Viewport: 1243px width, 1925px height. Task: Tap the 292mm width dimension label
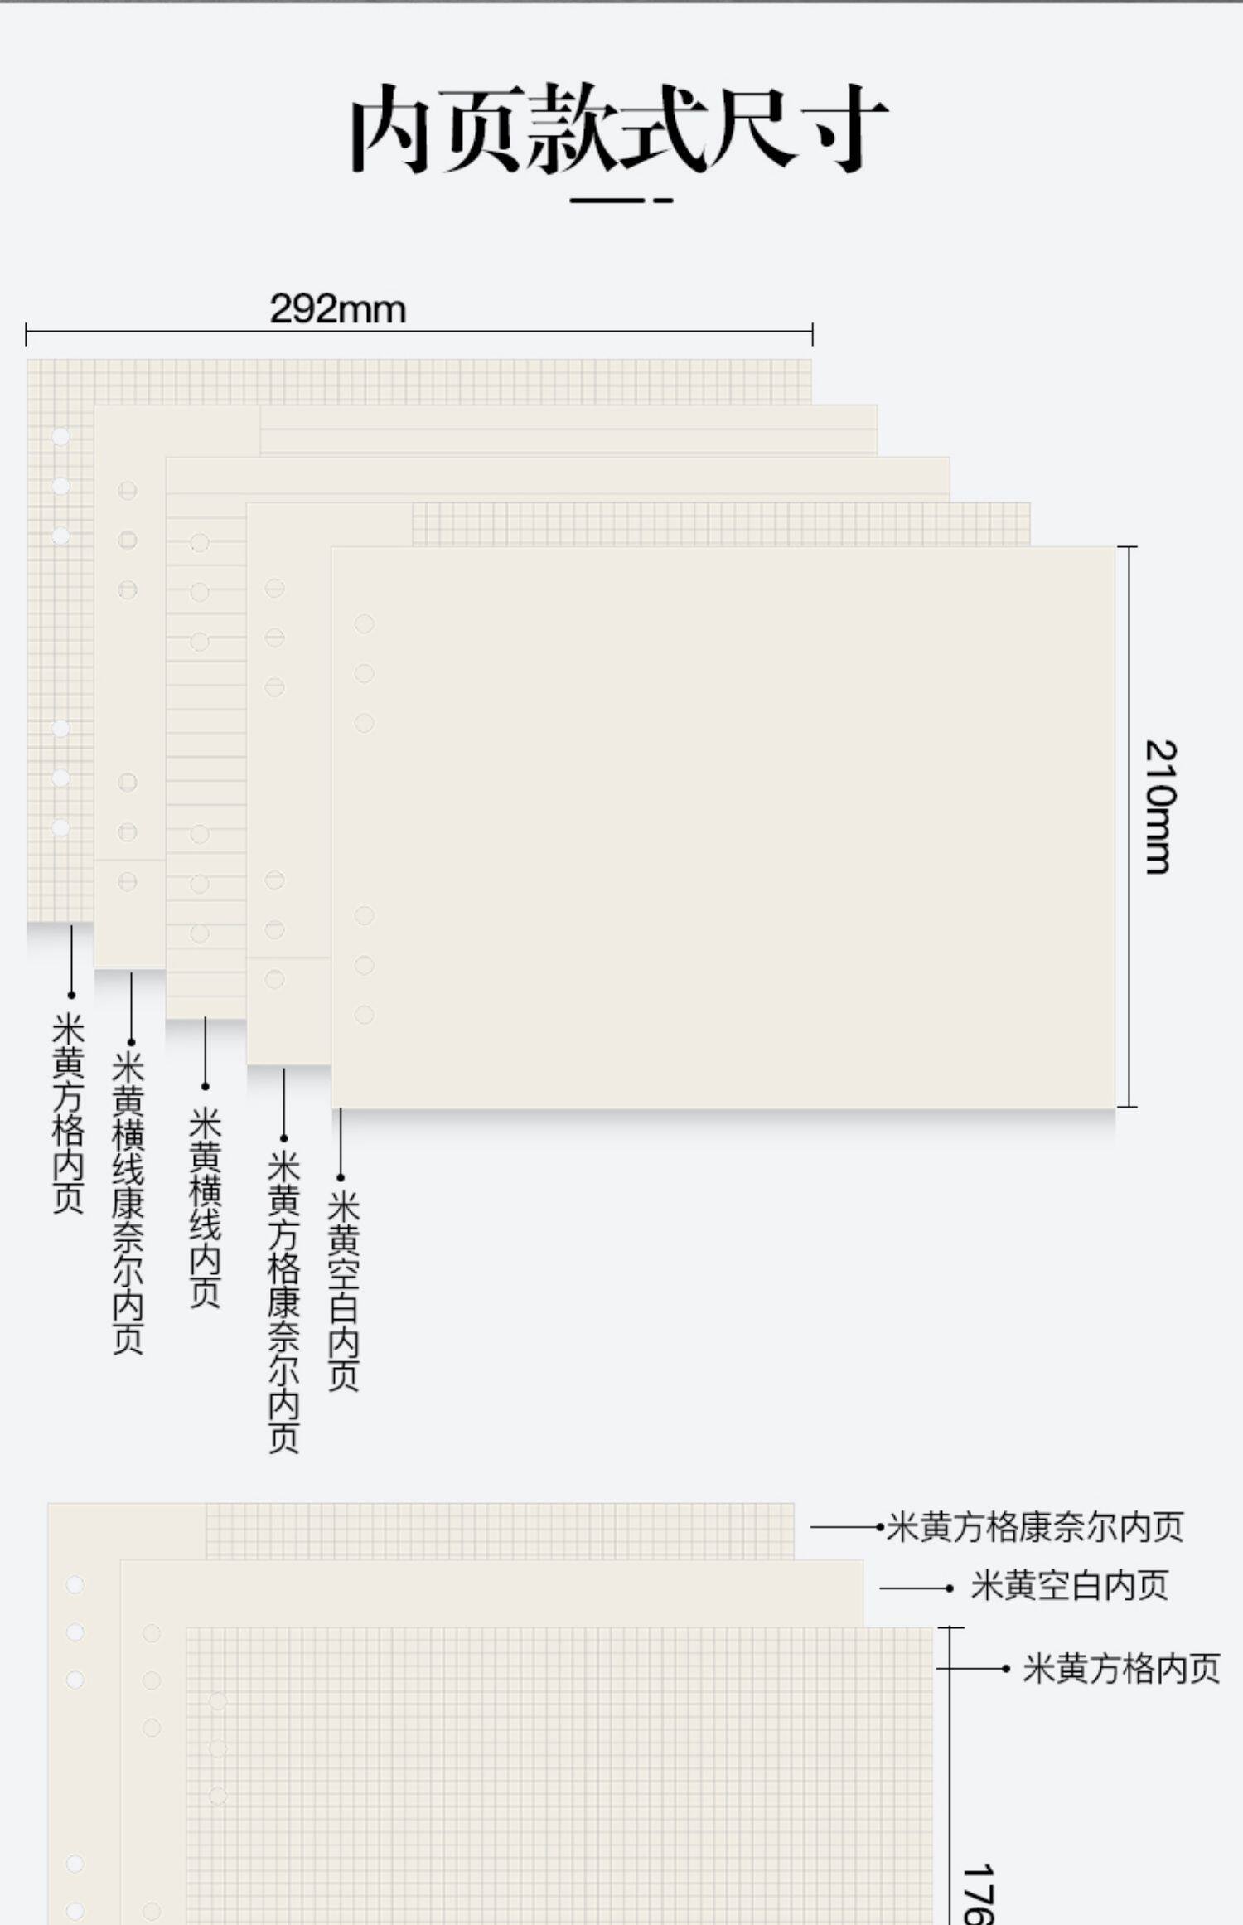[338, 309]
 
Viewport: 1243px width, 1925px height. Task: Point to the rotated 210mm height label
[1160, 807]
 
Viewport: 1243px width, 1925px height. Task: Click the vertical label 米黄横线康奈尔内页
[128, 1203]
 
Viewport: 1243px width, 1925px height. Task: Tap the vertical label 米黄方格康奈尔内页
[283, 1302]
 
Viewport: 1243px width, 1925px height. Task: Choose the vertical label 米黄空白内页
[342, 1291]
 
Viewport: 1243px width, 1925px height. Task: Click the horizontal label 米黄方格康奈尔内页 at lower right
[1035, 1526]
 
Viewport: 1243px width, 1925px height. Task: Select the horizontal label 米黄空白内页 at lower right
[1070, 1586]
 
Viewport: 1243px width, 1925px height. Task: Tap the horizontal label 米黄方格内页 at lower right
[1121, 1668]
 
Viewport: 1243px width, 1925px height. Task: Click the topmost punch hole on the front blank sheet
[364, 623]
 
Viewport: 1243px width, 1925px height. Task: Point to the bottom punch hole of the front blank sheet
[364, 1015]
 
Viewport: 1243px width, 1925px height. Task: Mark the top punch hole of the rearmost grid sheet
[60, 436]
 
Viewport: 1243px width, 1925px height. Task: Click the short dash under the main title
[664, 200]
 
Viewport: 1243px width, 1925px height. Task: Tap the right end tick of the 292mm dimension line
[812, 334]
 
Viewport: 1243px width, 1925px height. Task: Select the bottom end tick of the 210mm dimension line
[1127, 1106]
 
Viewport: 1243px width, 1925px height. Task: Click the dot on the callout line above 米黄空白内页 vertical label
[341, 1177]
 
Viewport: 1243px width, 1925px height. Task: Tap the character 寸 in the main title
[849, 128]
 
